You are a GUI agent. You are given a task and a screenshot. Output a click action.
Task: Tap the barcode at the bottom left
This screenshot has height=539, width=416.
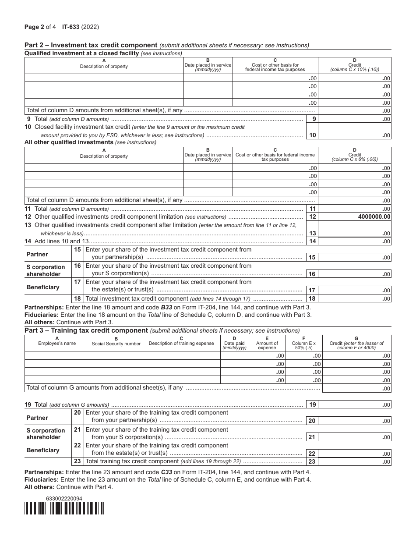pos(64,508)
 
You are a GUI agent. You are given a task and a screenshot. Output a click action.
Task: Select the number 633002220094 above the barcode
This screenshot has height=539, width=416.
pos(64,499)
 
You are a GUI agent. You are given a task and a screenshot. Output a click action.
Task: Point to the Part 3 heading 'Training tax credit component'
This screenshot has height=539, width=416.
pos(86,330)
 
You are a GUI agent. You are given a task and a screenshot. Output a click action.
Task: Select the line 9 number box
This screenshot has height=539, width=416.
pos(311,119)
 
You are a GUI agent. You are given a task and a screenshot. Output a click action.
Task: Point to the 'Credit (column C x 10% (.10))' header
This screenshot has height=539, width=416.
pos(354,67)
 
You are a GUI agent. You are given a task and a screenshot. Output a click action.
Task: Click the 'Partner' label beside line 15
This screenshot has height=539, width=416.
pos(37,254)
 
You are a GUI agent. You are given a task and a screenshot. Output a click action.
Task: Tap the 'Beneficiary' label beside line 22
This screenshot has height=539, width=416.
pos(42,450)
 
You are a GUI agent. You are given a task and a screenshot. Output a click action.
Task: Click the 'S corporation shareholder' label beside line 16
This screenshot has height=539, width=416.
pos(46,270)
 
